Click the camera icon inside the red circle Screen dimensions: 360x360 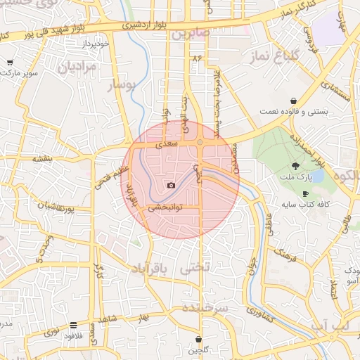click(171, 186)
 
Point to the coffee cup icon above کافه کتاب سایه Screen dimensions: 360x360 click(304, 193)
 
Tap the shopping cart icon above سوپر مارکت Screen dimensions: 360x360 click(10, 63)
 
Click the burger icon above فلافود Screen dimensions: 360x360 click(73, 326)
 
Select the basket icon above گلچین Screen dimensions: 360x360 click(199, 340)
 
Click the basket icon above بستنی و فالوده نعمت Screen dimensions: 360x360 click(302, 101)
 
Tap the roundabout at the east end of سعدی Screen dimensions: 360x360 click(200, 143)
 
